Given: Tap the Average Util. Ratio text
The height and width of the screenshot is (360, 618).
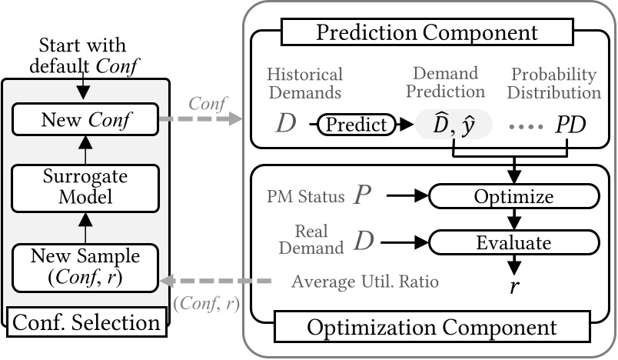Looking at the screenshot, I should point(364,282).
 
